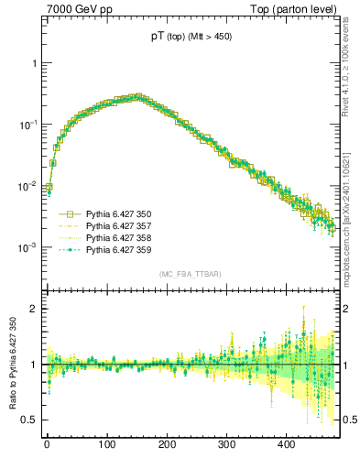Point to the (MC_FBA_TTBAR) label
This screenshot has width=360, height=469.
click(x=190, y=274)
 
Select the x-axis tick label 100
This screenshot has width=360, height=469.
click(x=106, y=444)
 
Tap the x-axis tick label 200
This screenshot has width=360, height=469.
click(x=167, y=444)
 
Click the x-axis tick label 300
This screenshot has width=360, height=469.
click(x=226, y=444)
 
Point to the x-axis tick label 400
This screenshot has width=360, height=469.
click(x=287, y=444)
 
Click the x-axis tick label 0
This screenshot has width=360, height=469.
click(x=47, y=444)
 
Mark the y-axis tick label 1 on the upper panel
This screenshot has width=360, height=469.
click(x=33, y=63)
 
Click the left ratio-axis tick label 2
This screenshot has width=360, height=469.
click(x=33, y=309)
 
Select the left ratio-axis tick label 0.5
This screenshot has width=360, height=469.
click(x=29, y=420)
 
